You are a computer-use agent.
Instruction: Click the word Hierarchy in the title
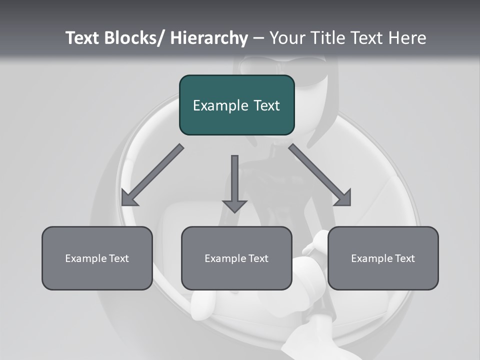click(208, 38)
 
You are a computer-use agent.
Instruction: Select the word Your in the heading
click(286, 38)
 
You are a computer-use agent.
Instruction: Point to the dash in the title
click(258, 38)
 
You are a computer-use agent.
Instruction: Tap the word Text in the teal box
click(266, 105)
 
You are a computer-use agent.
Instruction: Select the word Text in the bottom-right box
click(404, 258)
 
